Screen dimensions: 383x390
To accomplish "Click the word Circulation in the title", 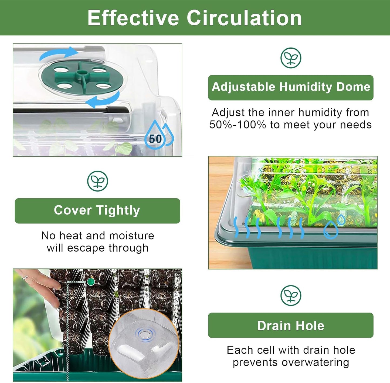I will point(244,18).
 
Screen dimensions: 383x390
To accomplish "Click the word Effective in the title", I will point(133,18).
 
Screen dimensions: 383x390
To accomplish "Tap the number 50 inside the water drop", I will point(155,139).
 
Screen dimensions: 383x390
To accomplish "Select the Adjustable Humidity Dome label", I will point(291,87).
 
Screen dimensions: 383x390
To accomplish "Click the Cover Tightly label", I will point(97,210).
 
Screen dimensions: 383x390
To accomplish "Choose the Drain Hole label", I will point(291,325).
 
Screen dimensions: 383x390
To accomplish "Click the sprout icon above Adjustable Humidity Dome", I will point(291,58).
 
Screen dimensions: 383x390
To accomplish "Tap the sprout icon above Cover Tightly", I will point(97,181).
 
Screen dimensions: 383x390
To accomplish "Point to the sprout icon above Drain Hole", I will point(291,295).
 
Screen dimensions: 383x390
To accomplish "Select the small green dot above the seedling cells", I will point(90,282).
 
